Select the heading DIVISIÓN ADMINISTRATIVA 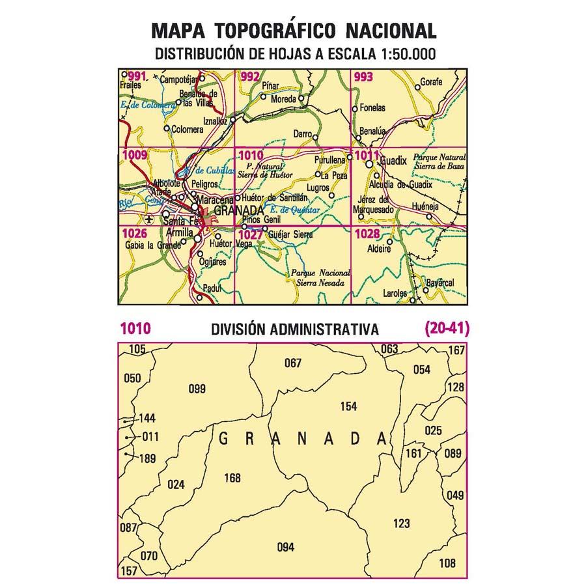[x=295, y=330]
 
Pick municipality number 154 [x=348, y=406]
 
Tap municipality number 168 [x=232, y=478]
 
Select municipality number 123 [x=402, y=523]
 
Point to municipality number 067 [x=293, y=363]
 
